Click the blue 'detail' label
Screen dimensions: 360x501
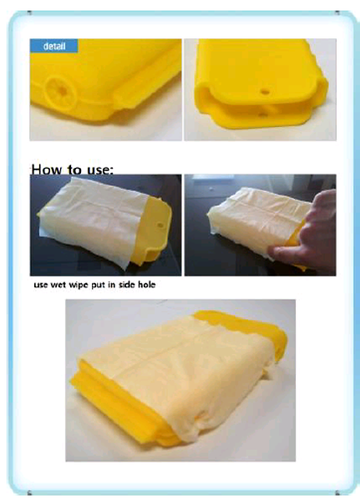click(x=53, y=46)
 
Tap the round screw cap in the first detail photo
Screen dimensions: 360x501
click(x=60, y=92)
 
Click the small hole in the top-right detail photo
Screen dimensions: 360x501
click(x=265, y=93)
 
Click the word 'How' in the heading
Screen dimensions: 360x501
click(x=48, y=170)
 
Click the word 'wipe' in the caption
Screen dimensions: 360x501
click(x=79, y=286)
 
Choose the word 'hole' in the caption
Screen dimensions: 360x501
click(x=147, y=285)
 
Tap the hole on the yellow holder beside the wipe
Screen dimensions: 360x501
click(x=160, y=225)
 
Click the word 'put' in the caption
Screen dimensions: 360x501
click(x=99, y=286)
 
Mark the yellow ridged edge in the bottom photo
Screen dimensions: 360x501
click(x=124, y=412)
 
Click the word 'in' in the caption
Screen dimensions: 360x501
click(x=112, y=285)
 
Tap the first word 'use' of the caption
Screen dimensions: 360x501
click(x=41, y=286)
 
